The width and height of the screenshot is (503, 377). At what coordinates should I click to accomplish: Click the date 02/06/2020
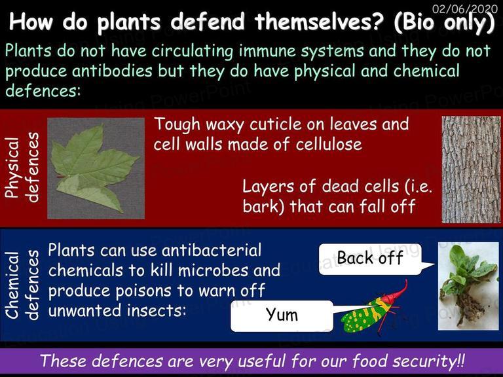click(465, 8)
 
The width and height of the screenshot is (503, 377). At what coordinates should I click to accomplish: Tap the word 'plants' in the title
click(128, 22)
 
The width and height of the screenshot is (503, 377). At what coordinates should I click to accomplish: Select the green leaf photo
click(96, 168)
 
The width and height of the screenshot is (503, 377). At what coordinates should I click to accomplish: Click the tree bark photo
click(471, 170)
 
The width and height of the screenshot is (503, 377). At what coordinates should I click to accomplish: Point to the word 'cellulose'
click(329, 144)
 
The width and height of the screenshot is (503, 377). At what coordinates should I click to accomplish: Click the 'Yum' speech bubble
click(282, 315)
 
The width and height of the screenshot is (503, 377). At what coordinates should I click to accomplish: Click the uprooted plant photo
click(468, 286)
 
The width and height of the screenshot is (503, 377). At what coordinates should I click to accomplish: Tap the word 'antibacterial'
click(212, 250)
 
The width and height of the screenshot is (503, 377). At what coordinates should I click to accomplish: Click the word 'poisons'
click(144, 291)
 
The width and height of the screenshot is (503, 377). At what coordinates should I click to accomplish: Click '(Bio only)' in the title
click(444, 22)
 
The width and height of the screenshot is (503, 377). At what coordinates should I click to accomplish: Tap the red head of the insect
click(397, 293)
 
